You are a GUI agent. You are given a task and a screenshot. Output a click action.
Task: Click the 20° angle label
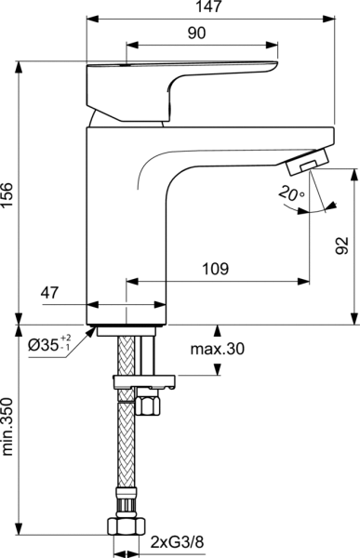click(x=289, y=194)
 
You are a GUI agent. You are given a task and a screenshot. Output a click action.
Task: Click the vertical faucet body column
click(x=126, y=223)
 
